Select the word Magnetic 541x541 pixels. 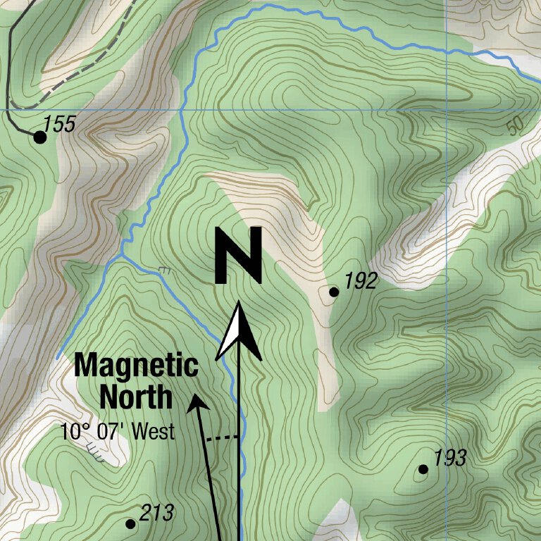tap(137, 366)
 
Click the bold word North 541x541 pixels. tap(136, 397)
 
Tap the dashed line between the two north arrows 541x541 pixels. tap(224, 437)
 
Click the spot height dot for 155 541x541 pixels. tap(40, 137)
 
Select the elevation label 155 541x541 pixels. tap(59, 125)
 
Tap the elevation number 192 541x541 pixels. tap(361, 282)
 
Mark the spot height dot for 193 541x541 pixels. tap(423, 469)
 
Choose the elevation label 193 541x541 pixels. tap(449, 459)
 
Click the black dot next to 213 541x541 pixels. tap(130, 523)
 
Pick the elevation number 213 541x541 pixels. tap(156, 514)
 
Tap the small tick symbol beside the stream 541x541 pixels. tap(165, 269)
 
